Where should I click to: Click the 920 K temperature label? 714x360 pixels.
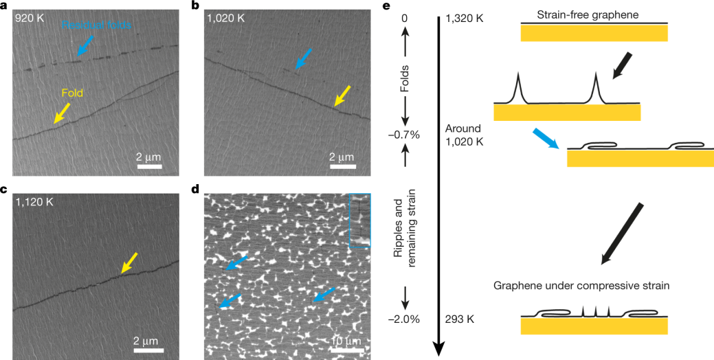pos(30,17)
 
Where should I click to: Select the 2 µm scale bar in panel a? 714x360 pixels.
pos(149,166)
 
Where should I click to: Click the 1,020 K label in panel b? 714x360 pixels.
pos(226,17)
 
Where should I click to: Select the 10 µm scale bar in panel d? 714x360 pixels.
pos(343,350)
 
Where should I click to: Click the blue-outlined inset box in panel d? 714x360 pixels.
pos(359,220)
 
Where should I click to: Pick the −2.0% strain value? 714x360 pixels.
pos(405,319)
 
